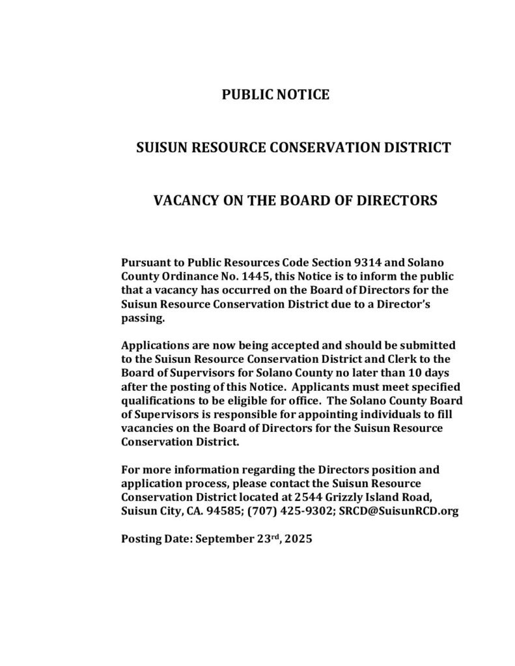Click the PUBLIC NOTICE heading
pyautogui.click(x=276, y=96)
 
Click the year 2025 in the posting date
pyautogui.click(x=299, y=539)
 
